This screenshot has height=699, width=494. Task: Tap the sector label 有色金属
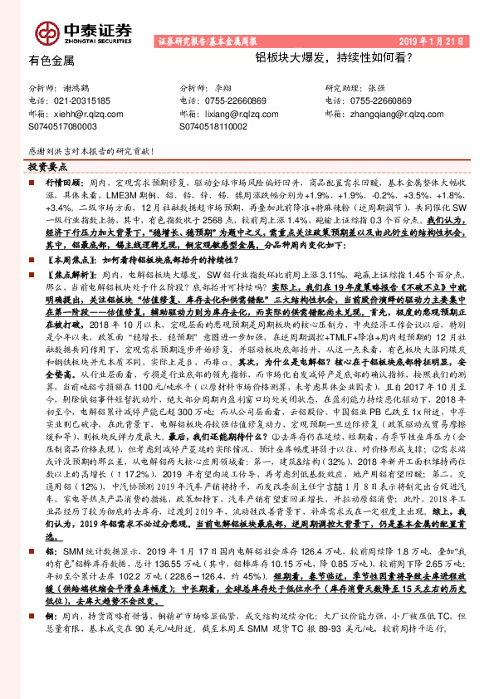point(51,60)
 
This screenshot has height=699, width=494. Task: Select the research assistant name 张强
point(375,88)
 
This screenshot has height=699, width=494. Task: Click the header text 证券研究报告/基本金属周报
point(207,42)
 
